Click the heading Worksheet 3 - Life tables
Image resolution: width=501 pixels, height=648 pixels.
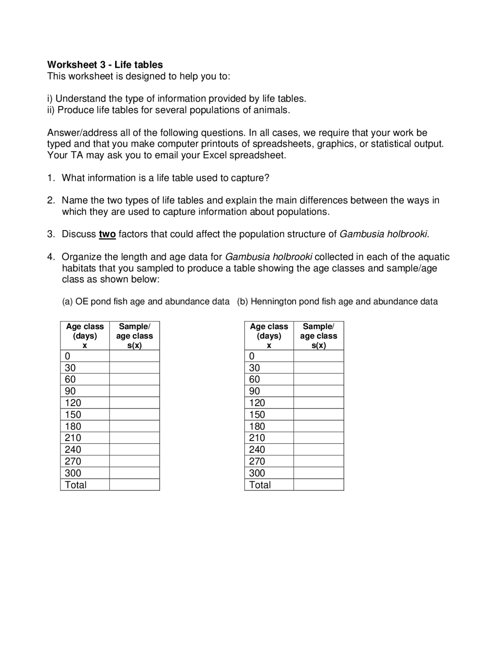(105, 65)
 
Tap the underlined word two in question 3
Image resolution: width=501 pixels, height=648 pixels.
(107, 234)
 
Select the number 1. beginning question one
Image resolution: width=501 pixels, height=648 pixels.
(51, 178)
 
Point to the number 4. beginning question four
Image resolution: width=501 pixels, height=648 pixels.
(51, 257)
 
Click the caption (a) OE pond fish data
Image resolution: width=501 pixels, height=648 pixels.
(146, 302)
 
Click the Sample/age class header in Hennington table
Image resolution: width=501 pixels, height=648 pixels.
(318, 336)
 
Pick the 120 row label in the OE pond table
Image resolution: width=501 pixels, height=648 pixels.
(73, 403)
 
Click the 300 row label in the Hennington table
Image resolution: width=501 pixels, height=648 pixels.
(257, 473)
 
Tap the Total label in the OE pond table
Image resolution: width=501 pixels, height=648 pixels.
(76, 485)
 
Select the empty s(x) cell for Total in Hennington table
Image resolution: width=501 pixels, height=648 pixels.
(318, 485)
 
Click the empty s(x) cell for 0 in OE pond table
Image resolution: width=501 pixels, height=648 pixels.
(134, 356)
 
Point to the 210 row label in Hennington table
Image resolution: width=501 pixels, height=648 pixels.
(257, 438)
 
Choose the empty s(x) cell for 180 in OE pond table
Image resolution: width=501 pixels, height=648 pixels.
(134, 426)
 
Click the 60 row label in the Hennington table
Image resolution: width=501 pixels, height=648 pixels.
(254, 379)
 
